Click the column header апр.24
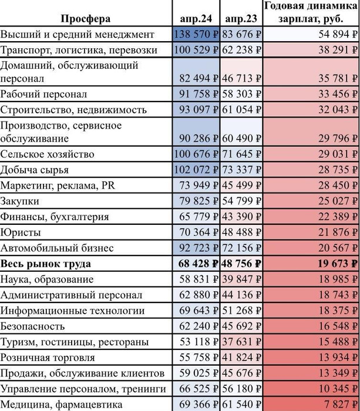point(197,19)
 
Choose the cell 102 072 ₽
point(197,170)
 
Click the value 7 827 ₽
point(337,404)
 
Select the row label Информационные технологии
point(72,310)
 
